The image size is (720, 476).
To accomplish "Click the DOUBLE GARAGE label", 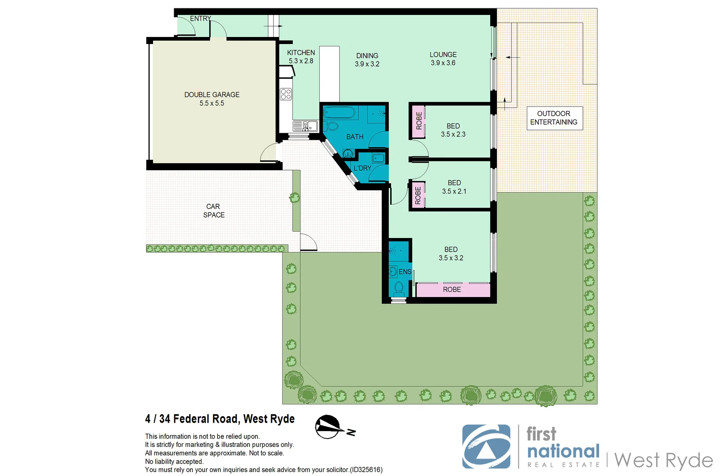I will pos(212,95).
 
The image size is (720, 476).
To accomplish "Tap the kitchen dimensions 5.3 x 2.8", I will pos(301,61).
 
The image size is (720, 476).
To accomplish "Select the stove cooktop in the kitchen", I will pos(286,94).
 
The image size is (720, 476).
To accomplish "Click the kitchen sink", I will pos(305,126).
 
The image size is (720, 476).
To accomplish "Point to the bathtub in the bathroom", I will pos(339,113).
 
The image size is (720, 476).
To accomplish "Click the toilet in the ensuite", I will pos(399,288).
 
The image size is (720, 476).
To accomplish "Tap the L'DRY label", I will pos(362,168).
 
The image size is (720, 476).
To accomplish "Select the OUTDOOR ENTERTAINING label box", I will pos(554,118).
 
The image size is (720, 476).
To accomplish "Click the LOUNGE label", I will pos(443,55).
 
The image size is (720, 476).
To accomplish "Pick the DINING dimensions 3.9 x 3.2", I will pos(367,64).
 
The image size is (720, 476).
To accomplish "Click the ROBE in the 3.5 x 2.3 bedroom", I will pos(418,121).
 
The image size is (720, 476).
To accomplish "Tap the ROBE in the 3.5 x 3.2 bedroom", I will pos(452,290).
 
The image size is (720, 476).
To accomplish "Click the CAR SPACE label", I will pos(214,211).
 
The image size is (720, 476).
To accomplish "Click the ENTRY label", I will pos(200,19).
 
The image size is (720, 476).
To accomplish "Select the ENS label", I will pos(405,272).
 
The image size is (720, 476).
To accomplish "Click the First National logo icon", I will pos(486,446).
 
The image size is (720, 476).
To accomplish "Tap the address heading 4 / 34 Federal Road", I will pos(220,419).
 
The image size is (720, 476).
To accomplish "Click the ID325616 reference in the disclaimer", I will pos(366,470).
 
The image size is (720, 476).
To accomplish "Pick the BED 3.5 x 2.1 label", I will pos(454,187).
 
